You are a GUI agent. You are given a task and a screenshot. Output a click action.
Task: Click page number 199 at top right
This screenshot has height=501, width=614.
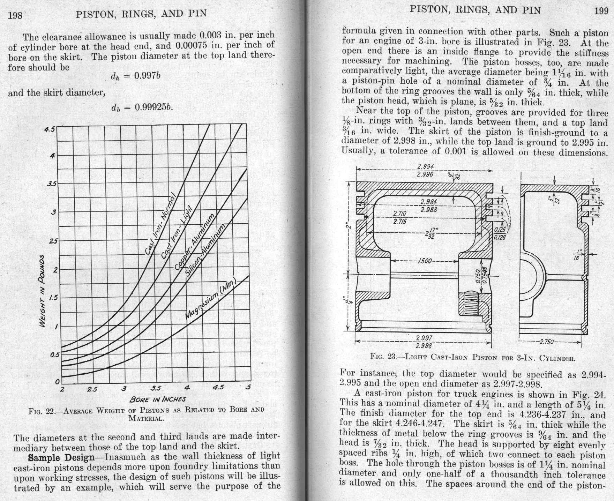coord(601,11)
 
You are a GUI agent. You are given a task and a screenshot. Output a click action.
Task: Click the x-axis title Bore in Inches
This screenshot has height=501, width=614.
coord(158,399)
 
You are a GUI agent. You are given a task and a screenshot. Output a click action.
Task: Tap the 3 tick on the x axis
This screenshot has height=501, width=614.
coord(124,389)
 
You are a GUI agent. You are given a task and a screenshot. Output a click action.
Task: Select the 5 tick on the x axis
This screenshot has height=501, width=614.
coord(248,387)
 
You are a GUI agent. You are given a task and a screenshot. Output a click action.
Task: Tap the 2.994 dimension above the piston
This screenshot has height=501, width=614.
coord(425,167)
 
